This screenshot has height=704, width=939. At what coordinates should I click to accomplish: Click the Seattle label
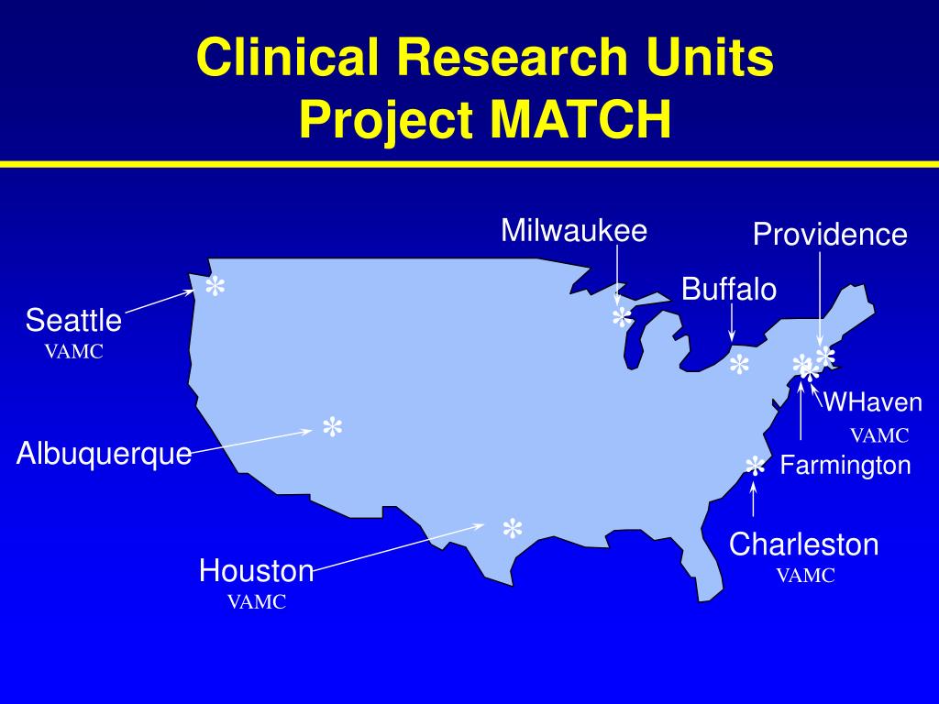tap(73, 321)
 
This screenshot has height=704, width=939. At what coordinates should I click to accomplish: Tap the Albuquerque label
tap(105, 453)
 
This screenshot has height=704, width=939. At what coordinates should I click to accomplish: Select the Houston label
tap(257, 571)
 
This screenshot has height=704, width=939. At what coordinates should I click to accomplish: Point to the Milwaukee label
tap(574, 230)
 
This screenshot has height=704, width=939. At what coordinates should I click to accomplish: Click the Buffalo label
tap(729, 290)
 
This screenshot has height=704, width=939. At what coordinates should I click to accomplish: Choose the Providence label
tap(830, 235)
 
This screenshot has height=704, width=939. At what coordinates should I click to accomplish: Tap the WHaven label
tap(872, 401)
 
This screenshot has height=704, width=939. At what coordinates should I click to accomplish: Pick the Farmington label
tap(845, 466)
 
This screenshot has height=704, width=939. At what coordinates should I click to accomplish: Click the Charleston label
tap(804, 544)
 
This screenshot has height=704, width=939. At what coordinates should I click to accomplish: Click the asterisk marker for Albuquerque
tap(332, 428)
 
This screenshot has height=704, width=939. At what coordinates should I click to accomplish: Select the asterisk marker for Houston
tap(512, 530)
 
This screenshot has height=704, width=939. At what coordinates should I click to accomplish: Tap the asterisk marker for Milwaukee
tap(622, 319)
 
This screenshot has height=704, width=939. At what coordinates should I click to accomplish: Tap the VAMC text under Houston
tap(257, 602)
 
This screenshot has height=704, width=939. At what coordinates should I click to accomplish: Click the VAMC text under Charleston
tap(806, 576)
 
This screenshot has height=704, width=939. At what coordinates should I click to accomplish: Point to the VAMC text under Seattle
tap(74, 351)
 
